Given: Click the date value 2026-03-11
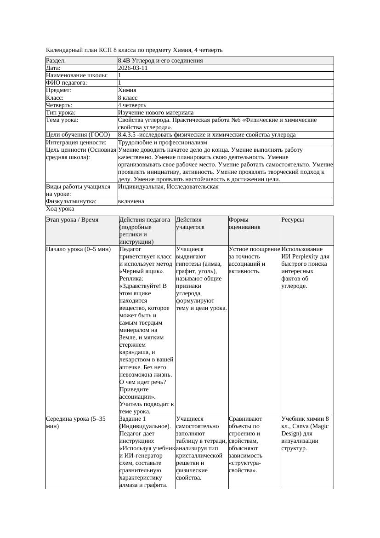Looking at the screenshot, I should (x=133, y=68).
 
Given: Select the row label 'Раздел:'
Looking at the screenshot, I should (x=56, y=61).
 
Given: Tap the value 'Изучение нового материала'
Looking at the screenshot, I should (x=156, y=113).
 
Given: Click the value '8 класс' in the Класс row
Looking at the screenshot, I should (x=128, y=98).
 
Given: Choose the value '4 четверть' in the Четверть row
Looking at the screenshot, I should (x=131, y=105).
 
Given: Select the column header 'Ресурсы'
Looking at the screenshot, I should (x=292, y=220).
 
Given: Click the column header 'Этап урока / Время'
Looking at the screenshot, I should (x=72, y=220).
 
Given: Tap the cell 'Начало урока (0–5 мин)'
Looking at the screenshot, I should (x=79, y=249).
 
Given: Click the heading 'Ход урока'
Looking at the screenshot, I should (x=60, y=209).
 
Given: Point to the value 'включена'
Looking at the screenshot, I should (x=131, y=201).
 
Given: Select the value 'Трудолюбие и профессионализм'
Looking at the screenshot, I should (x=162, y=143).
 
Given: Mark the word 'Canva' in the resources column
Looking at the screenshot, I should (x=301, y=426).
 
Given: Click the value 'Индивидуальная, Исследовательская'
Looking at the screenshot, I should (x=168, y=187).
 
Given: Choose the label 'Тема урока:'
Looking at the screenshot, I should (x=62, y=120).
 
